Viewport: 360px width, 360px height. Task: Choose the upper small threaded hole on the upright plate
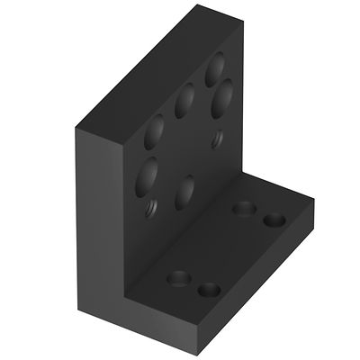pos(217,139)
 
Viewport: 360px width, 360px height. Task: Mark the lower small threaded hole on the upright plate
pos(150,210)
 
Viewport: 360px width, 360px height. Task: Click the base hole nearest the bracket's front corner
pos(209,290)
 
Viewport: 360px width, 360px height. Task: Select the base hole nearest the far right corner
pos(274,220)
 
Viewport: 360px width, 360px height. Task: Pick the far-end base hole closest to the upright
pos(242,209)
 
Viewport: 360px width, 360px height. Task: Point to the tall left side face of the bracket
pos(99,225)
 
